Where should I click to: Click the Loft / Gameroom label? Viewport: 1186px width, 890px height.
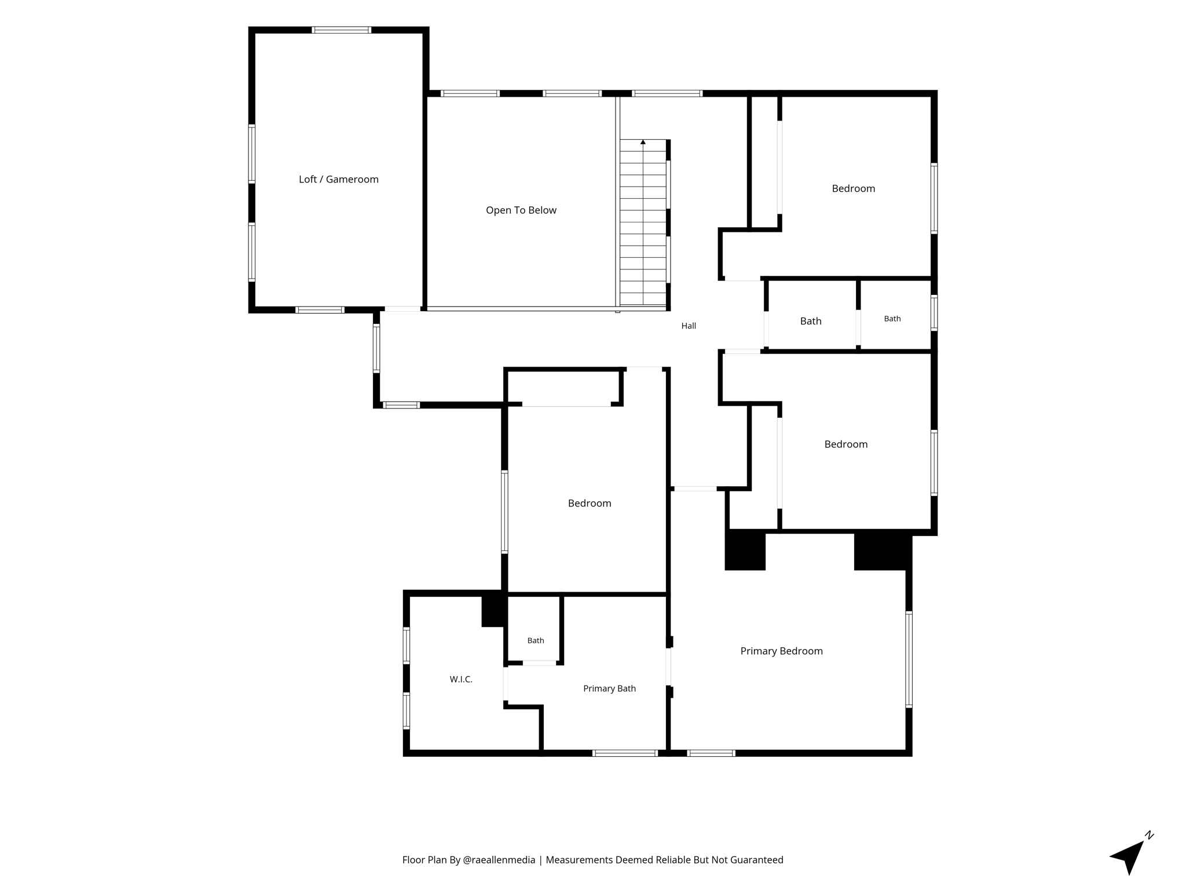[x=339, y=180]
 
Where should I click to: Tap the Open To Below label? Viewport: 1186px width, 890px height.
[x=521, y=210]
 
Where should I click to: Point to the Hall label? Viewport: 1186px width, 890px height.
[x=689, y=326]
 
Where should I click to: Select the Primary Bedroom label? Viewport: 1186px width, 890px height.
[x=782, y=651]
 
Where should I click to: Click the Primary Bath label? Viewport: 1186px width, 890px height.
[x=609, y=688]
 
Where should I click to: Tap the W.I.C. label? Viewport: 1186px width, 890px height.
[x=461, y=679]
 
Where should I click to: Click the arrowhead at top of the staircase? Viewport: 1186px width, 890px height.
[x=643, y=142]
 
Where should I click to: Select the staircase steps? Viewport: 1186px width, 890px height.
[x=643, y=222]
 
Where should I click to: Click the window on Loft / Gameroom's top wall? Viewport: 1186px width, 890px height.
[x=342, y=30]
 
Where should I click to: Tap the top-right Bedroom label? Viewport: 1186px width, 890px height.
[x=853, y=188]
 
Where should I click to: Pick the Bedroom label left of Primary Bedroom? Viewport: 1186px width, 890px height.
[x=590, y=503]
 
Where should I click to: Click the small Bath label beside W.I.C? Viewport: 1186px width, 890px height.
[x=536, y=640]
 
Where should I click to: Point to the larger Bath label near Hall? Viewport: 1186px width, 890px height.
[x=811, y=321]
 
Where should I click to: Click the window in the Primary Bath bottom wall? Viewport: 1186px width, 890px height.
[x=625, y=753]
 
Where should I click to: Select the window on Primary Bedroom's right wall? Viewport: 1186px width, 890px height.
[x=909, y=659]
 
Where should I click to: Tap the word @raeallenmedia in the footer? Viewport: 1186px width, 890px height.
[x=499, y=860]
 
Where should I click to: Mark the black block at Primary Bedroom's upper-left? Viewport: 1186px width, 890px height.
[x=745, y=550]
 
